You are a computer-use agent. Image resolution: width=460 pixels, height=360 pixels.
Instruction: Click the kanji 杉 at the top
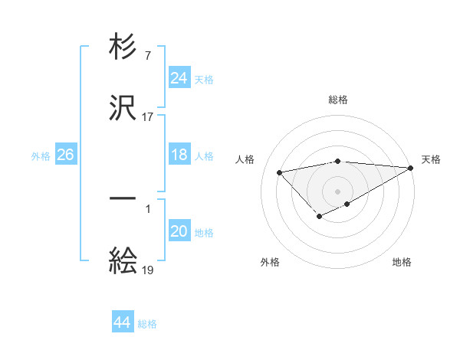pyautogui.click(x=123, y=48)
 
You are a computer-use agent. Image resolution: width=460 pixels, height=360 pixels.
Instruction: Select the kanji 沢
pyautogui.click(x=123, y=108)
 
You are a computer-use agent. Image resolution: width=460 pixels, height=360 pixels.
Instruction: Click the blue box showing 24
pyautogui.click(x=179, y=78)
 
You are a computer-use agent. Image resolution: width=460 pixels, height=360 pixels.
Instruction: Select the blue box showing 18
pyautogui.click(x=179, y=155)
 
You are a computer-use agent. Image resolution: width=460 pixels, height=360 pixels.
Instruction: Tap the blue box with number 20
pyautogui.click(x=179, y=232)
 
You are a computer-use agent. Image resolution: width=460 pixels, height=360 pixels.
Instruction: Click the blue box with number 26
pyautogui.click(x=65, y=155)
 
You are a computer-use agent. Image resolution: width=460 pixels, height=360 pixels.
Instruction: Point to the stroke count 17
pyautogui.click(x=148, y=117)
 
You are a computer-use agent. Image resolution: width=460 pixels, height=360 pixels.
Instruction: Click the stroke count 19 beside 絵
pyautogui.click(x=148, y=270)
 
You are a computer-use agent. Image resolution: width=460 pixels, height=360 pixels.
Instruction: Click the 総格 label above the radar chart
pyautogui.click(x=338, y=100)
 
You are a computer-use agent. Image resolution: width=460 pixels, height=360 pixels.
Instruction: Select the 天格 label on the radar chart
pyautogui.click(x=431, y=159)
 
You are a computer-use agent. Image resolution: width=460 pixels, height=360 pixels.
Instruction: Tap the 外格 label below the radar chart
pyautogui.click(x=269, y=262)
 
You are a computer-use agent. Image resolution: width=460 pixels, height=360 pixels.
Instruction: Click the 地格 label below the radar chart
pyautogui.click(x=402, y=262)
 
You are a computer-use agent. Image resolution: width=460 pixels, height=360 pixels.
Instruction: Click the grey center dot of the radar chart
pyautogui.click(x=338, y=191)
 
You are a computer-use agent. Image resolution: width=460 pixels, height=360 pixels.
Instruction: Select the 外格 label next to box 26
pyautogui.click(x=41, y=155)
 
